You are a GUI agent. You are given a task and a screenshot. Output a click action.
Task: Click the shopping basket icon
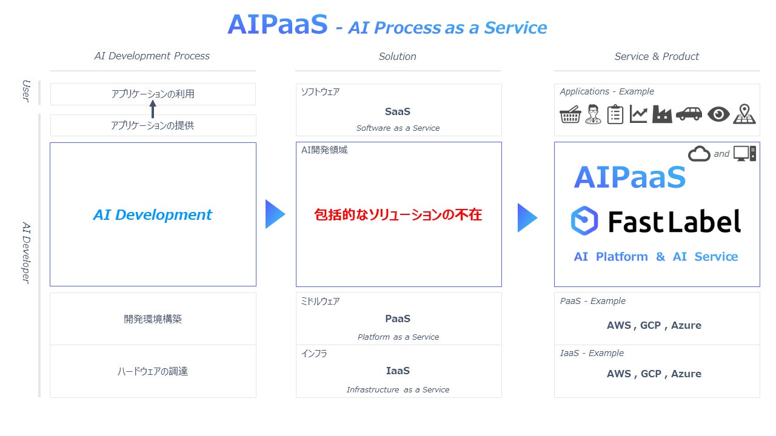click(x=570, y=114)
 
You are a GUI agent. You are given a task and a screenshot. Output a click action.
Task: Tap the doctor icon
click(x=593, y=114)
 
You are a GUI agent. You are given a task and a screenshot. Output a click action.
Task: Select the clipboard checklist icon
click(x=615, y=114)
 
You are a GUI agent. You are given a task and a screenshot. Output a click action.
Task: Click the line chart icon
click(x=638, y=114)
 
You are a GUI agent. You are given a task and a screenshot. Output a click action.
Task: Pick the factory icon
click(x=662, y=114)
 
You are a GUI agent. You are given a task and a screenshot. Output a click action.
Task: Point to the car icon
click(x=689, y=114)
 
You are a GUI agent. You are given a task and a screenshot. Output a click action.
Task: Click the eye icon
click(x=718, y=114)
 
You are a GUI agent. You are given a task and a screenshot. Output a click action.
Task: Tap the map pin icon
click(x=744, y=114)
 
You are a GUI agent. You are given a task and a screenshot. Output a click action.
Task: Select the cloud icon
click(x=699, y=154)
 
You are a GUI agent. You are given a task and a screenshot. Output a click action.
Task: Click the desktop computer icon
click(x=744, y=154)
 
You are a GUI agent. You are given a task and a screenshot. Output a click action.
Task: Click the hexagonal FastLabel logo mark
click(x=584, y=220)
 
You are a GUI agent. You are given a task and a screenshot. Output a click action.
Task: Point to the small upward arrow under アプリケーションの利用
click(x=153, y=109)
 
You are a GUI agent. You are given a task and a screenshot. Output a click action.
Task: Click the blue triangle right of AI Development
click(x=275, y=214)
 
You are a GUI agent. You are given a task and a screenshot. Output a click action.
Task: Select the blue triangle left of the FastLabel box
click(x=527, y=217)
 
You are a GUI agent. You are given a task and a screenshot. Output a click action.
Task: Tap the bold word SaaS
click(x=398, y=111)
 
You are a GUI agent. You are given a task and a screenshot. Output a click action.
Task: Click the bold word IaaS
click(x=398, y=371)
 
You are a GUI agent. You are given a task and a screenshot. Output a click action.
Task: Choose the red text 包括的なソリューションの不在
click(x=398, y=214)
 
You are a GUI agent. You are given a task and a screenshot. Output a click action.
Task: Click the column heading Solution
click(x=397, y=56)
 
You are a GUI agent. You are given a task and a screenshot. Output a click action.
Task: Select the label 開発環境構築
click(x=153, y=319)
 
